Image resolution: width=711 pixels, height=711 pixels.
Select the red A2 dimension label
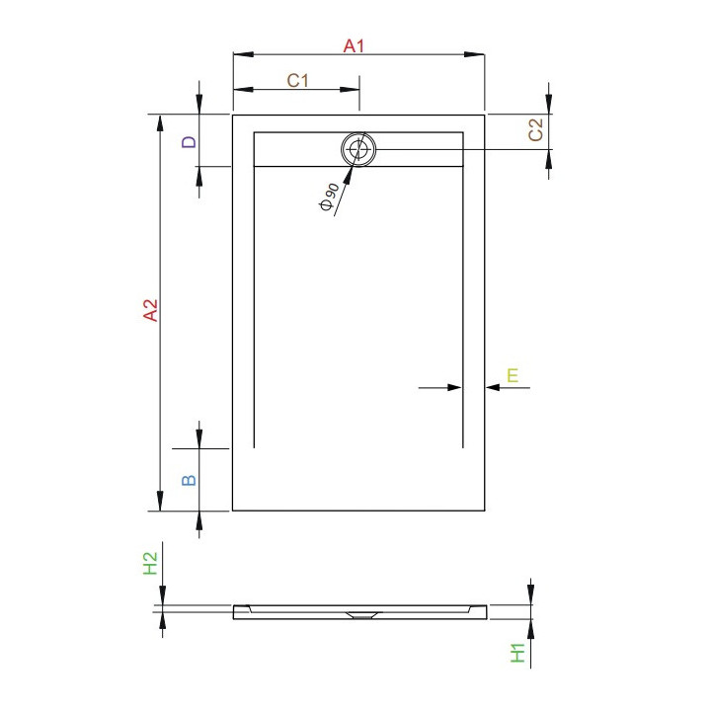coord(150,311)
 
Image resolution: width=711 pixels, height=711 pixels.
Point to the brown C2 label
coord(536,129)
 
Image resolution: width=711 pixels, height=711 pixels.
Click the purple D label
coord(190,142)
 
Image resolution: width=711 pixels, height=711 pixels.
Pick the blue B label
coord(190,480)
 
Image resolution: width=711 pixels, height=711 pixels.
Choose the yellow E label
coord(513,374)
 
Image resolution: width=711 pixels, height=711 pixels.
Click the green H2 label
coord(150,564)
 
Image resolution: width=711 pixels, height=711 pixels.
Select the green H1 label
coord(515,652)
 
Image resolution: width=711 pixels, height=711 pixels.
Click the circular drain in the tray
coord(358,150)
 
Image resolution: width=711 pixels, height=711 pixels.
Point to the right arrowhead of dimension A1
coord(478,55)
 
